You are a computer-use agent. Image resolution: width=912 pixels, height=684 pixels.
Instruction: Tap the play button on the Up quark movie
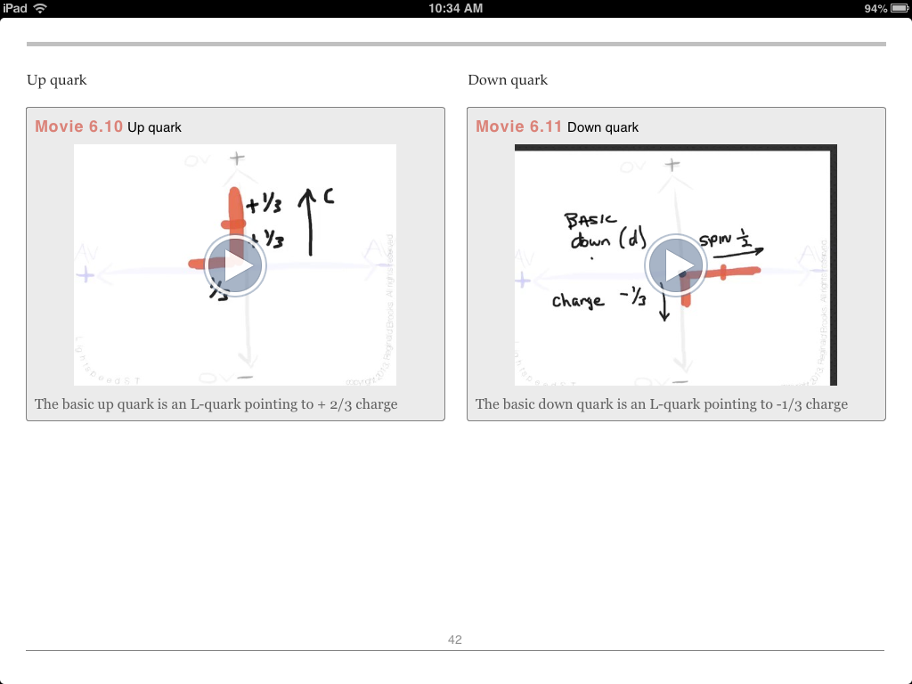pyautogui.click(x=234, y=265)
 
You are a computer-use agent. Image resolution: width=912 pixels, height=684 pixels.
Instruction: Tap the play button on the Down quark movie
pyautogui.click(x=676, y=265)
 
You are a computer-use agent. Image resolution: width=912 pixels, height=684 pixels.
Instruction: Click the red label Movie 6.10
pyautogui.click(x=78, y=126)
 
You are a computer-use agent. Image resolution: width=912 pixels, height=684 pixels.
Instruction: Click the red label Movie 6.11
pyautogui.click(x=519, y=126)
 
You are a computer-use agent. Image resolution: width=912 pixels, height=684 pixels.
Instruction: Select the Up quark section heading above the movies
pyautogui.click(x=57, y=80)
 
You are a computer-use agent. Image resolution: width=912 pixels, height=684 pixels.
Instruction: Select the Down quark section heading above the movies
pyautogui.click(x=508, y=80)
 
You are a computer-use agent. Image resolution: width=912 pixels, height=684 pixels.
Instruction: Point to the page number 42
pyautogui.click(x=455, y=639)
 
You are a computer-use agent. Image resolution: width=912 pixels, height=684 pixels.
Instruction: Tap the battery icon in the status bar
pyautogui.click(x=898, y=8)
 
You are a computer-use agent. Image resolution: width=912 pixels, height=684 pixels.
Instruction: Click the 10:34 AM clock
pyautogui.click(x=455, y=8)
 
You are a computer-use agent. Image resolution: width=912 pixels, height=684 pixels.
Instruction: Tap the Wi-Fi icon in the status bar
pyautogui.click(x=40, y=8)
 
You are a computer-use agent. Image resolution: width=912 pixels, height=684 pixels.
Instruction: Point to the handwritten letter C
pyautogui.click(x=329, y=196)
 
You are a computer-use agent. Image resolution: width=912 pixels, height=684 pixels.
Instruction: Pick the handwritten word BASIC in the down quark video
pyautogui.click(x=590, y=220)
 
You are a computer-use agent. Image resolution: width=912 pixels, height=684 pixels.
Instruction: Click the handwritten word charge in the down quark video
pyautogui.click(x=578, y=301)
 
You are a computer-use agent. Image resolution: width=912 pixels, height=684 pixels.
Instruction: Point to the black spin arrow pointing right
pyautogui.click(x=737, y=253)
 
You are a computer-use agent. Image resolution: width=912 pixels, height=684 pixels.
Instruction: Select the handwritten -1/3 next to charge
pyautogui.click(x=631, y=299)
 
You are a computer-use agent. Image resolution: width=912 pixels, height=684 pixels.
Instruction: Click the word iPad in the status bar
pyautogui.click(x=15, y=8)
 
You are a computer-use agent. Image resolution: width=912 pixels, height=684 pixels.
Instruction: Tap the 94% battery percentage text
pyautogui.click(x=875, y=8)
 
